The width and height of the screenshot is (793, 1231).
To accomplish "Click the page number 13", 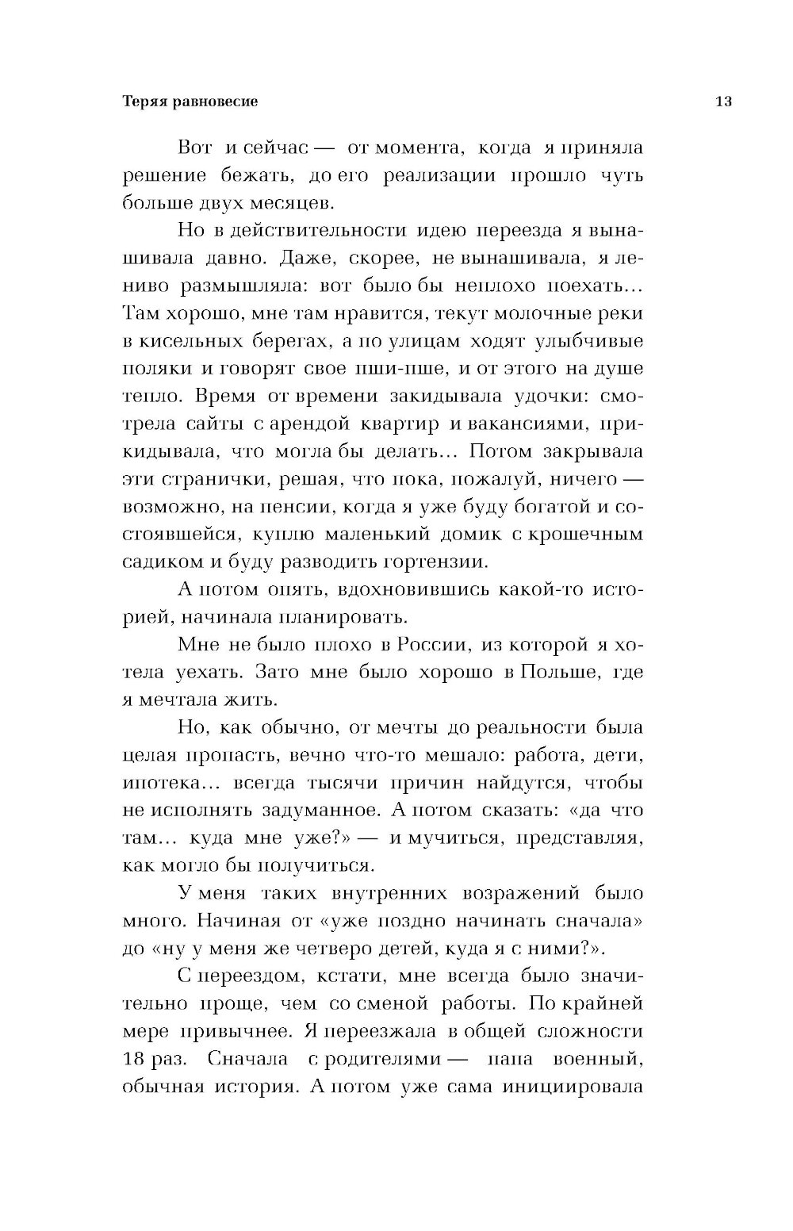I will click(722, 102).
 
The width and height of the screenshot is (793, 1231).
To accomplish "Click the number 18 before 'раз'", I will click(136, 1058).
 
